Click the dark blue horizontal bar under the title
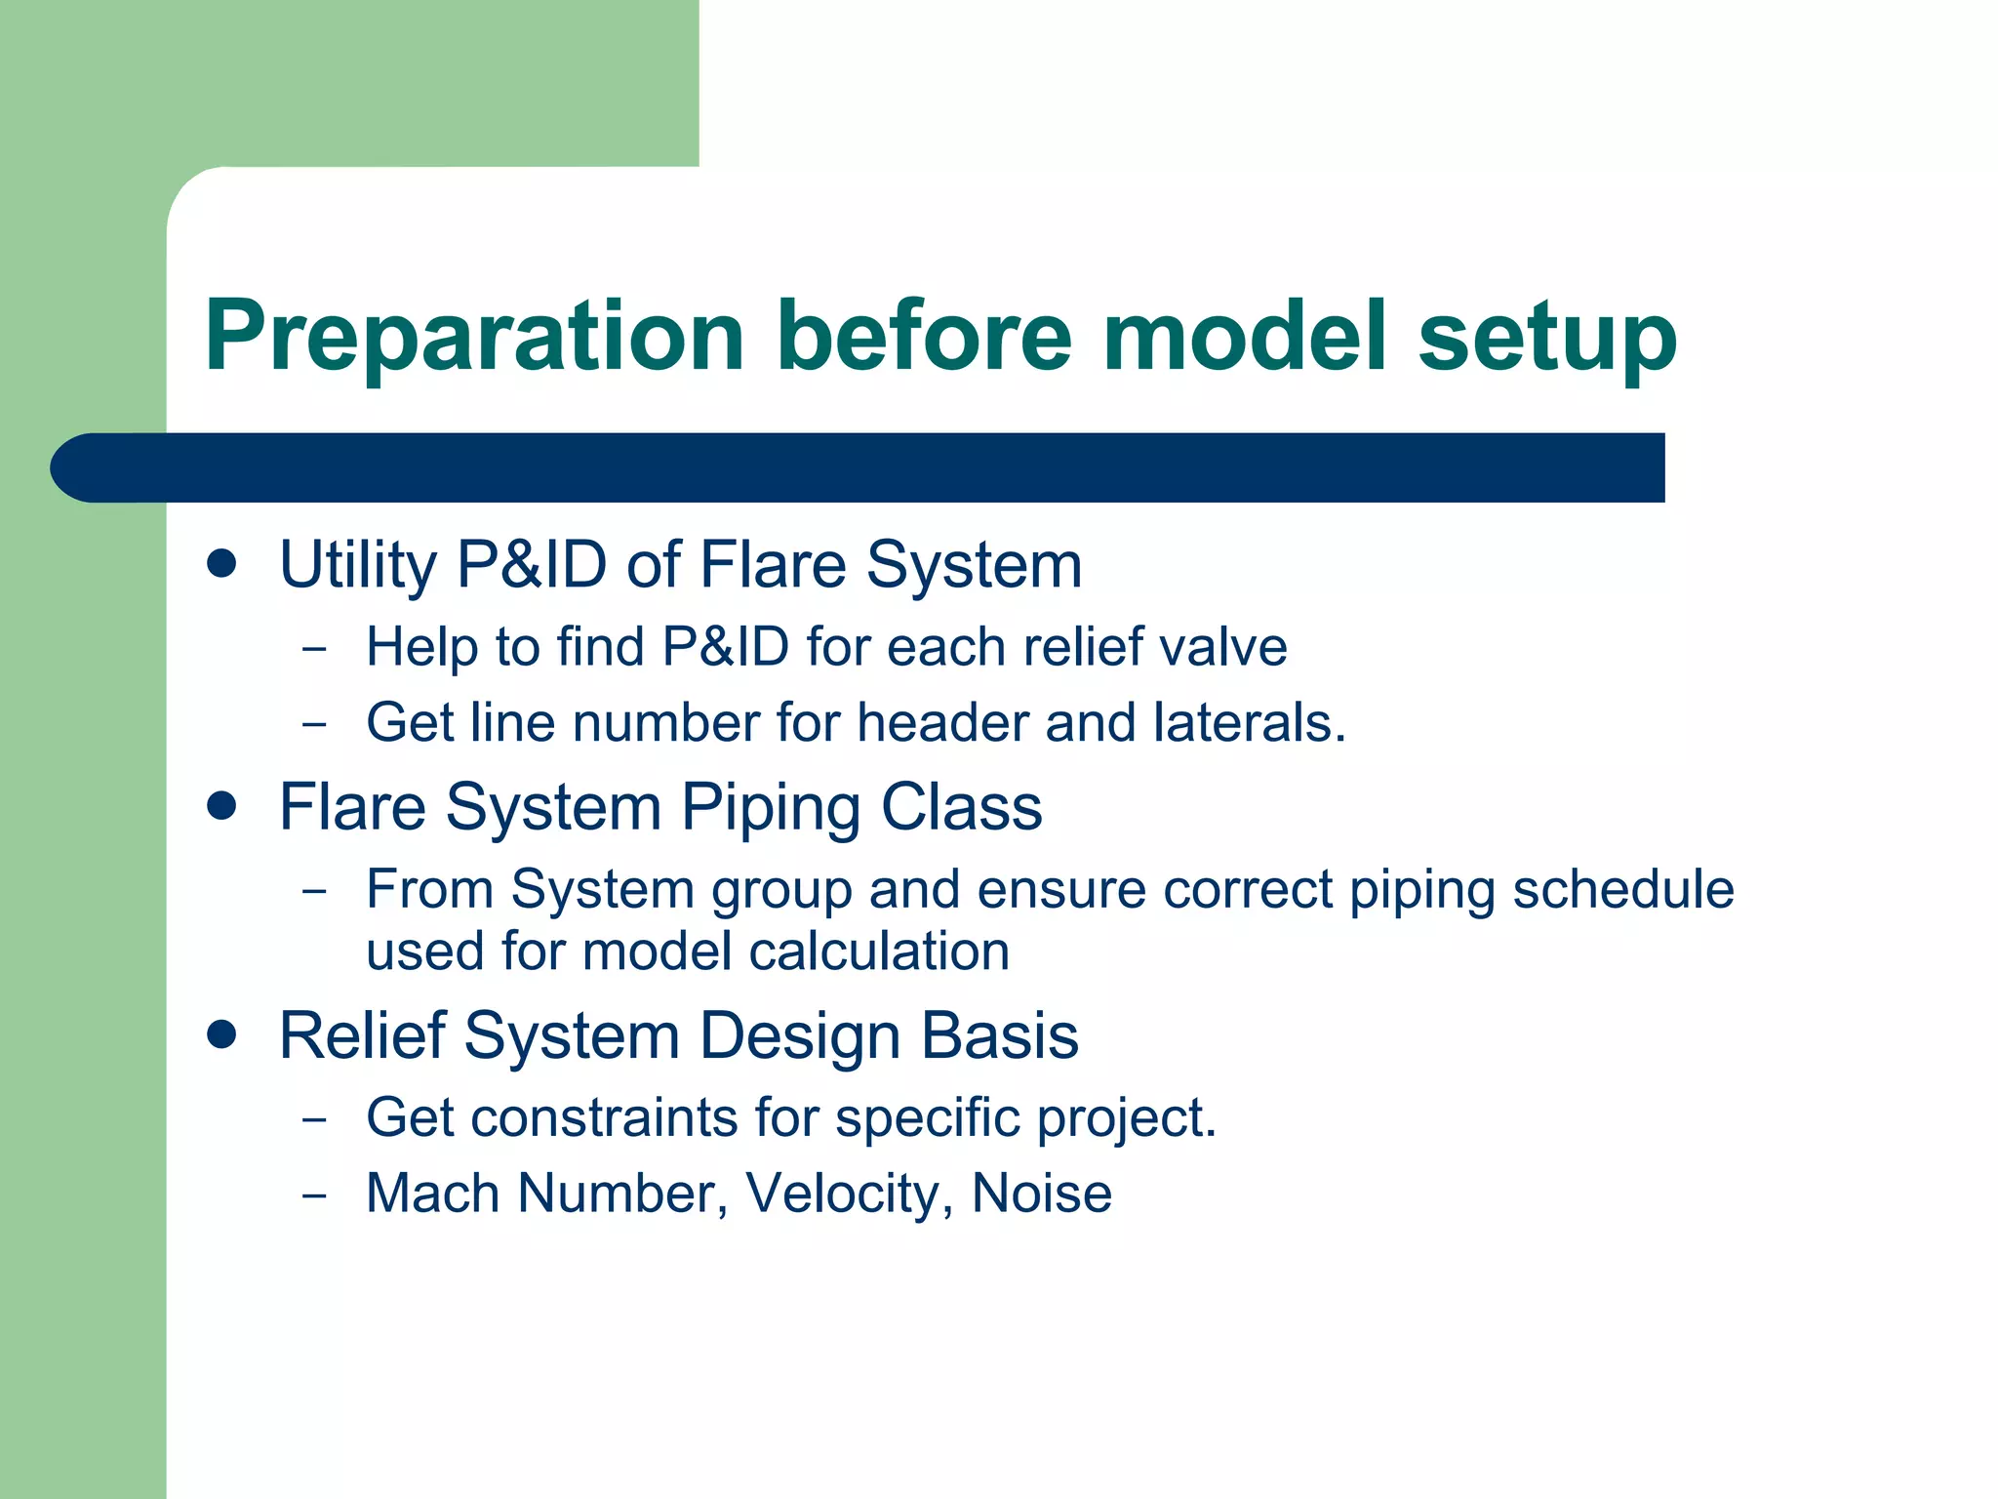pos(859,467)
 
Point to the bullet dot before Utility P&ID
pos(222,564)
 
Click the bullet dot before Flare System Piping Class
pos(222,806)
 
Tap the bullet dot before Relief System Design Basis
pos(222,1034)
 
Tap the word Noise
pos(1041,1194)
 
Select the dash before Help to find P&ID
pos(314,648)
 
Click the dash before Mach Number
pos(314,1195)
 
